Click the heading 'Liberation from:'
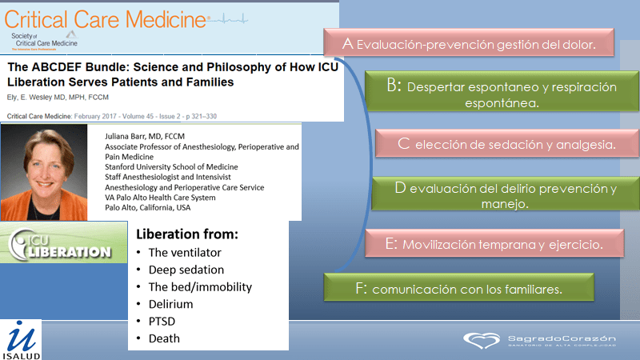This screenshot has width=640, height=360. point(186,237)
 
